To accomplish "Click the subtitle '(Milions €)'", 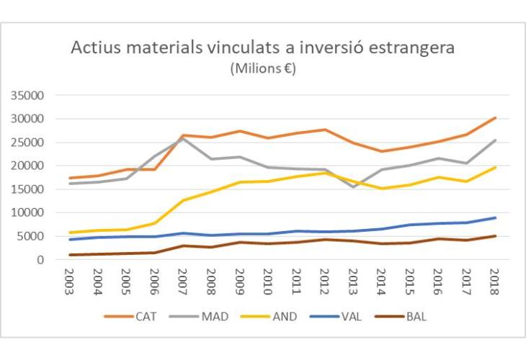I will pos(263,69).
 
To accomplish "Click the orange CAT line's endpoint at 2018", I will pos(495,117).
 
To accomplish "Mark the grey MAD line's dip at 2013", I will pos(353,187).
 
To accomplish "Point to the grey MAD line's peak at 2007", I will pos(182,138).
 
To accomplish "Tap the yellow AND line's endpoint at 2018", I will pos(495,167).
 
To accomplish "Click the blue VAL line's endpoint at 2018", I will pos(495,217).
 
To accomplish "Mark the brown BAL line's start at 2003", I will pos(69,255).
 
